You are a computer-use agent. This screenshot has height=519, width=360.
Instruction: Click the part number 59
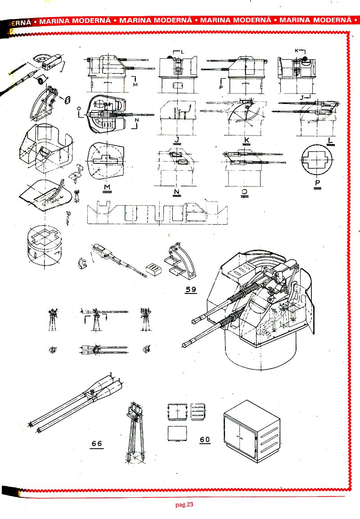tap(191, 289)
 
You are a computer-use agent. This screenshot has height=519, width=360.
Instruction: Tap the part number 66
tap(96, 443)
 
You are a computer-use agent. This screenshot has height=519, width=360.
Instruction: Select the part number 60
tap(205, 439)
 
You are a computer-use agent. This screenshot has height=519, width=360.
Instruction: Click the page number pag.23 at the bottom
tap(184, 505)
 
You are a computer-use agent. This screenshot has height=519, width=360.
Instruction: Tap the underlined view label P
tap(318, 184)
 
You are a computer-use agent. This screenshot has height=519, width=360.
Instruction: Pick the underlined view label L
tap(331, 141)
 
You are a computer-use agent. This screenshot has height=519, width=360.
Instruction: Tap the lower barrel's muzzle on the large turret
tap(186, 344)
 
